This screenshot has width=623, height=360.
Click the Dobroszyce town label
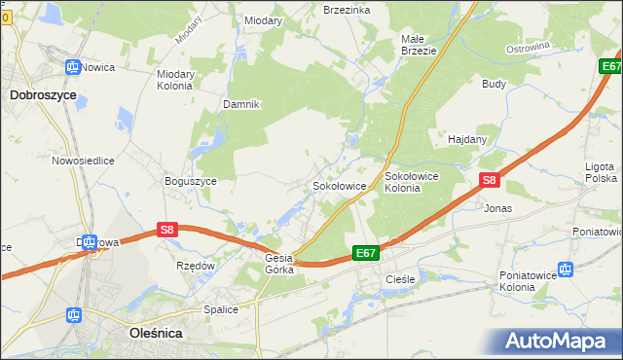pyautogui.click(x=44, y=95)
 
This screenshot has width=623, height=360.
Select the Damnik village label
pyautogui.click(x=240, y=104)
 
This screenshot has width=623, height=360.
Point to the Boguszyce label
pyautogui.click(x=191, y=180)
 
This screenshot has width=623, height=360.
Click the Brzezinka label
pyautogui.click(x=347, y=9)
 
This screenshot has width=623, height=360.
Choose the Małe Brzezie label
pyautogui.click(x=418, y=46)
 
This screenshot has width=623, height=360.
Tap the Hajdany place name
pyautogui.click(x=467, y=139)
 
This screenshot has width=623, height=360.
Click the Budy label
pyautogui.click(x=494, y=84)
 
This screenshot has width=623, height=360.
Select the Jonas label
pyautogui.click(x=497, y=208)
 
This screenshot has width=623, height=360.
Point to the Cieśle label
pyautogui.click(x=399, y=278)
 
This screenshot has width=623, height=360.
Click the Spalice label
pyautogui.click(x=221, y=309)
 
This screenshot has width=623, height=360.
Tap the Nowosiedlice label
pyautogui.click(x=84, y=161)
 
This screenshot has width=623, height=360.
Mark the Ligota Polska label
pyautogui.click(x=601, y=172)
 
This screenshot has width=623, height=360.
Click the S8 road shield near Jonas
pyautogui.click(x=490, y=180)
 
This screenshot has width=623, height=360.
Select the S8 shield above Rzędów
pyautogui.click(x=167, y=230)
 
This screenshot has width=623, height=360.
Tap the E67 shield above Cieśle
pyautogui.click(x=365, y=253)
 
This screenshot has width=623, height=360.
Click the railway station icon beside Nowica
pyautogui.click(x=71, y=67)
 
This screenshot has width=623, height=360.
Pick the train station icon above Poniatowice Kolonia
pyautogui.click(x=566, y=269)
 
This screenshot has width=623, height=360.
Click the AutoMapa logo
pyautogui.click(x=558, y=340)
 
